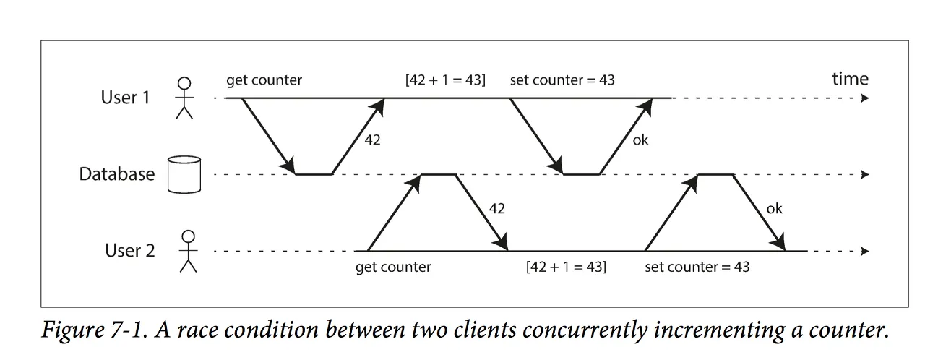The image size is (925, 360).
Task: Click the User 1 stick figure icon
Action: [186, 98]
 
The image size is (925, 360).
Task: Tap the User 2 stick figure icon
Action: [189, 251]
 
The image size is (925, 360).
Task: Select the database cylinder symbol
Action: [183, 174]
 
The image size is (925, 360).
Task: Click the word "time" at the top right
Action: [850, 79]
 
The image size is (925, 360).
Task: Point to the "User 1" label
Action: [125, 97]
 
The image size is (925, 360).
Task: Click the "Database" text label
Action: [117, 174]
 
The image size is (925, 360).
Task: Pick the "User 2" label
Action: [129, 251]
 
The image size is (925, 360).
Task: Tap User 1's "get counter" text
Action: [264, 80]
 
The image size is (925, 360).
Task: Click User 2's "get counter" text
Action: [393, 267]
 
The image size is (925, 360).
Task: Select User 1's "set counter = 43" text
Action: [562, 80]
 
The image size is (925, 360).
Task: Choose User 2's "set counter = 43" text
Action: [697, 267]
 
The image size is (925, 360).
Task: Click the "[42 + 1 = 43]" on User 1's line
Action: [445, 80]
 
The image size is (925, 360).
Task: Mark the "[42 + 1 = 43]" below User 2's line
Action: [566, 267]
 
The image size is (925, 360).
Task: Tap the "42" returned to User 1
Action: [371, 141]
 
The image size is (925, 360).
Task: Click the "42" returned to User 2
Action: [496, 209]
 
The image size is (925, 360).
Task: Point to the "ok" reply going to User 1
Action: [640, 141]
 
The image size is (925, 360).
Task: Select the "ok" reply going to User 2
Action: [774, 209]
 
